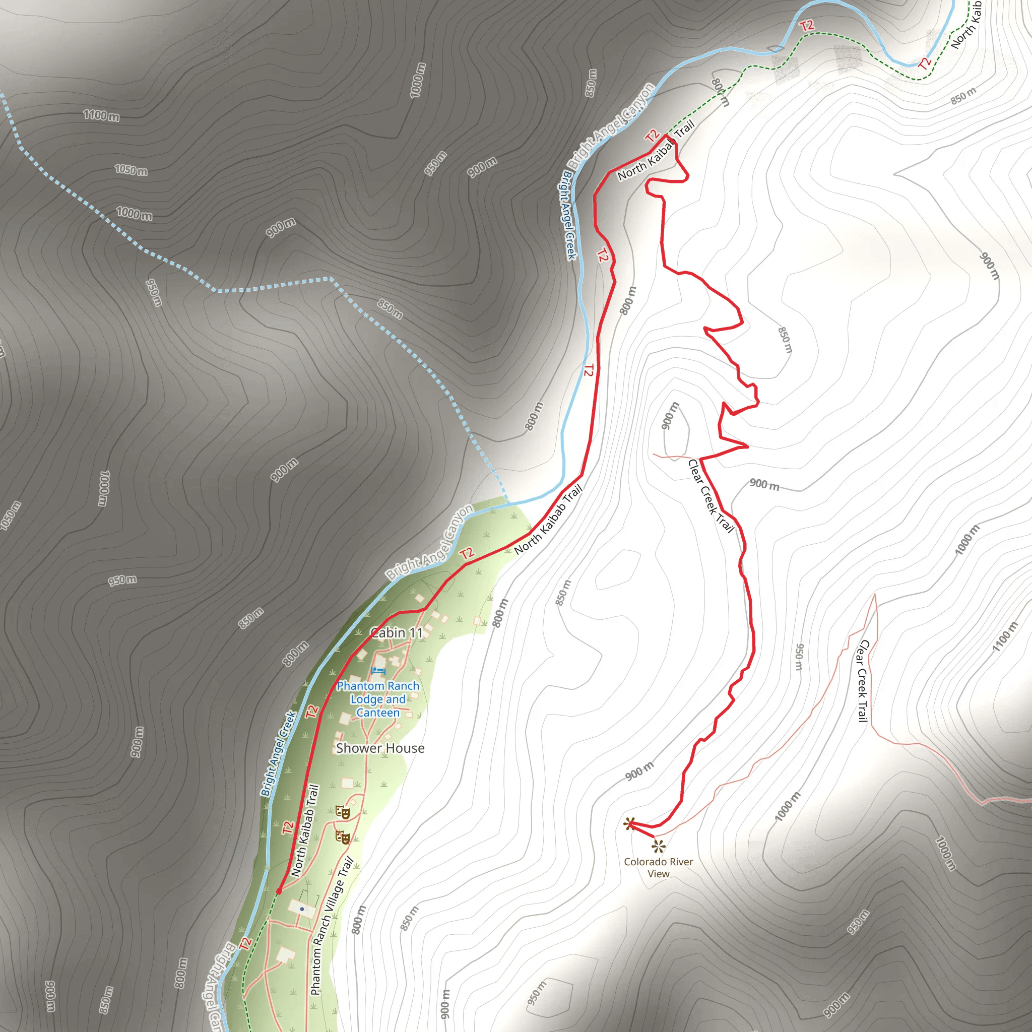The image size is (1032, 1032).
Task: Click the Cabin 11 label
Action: coord(397,632)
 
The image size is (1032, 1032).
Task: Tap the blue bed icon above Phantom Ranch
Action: coord(378,671)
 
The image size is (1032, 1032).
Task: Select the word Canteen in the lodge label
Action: coord(377,713)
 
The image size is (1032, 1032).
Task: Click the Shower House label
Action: coord(380,748)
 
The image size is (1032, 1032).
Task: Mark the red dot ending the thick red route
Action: coord(279,891)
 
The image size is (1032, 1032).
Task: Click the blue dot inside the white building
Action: coord(302,909)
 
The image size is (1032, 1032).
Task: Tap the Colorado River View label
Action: coord(658,868)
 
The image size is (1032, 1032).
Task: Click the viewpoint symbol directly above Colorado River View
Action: coord(659,846)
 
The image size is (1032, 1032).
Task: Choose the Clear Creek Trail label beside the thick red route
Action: coord(711,496)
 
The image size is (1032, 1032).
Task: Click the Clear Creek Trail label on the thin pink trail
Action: coord(862,681)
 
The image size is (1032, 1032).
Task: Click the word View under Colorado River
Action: coord(659,874)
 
